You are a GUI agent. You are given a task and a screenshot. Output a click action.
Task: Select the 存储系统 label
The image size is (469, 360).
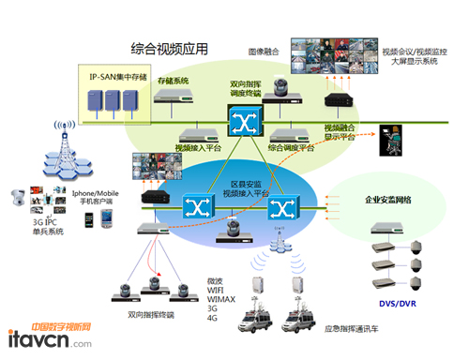pos(173,82)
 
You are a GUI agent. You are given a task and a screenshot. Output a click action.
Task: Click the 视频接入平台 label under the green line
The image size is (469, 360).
pos(197,147)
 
